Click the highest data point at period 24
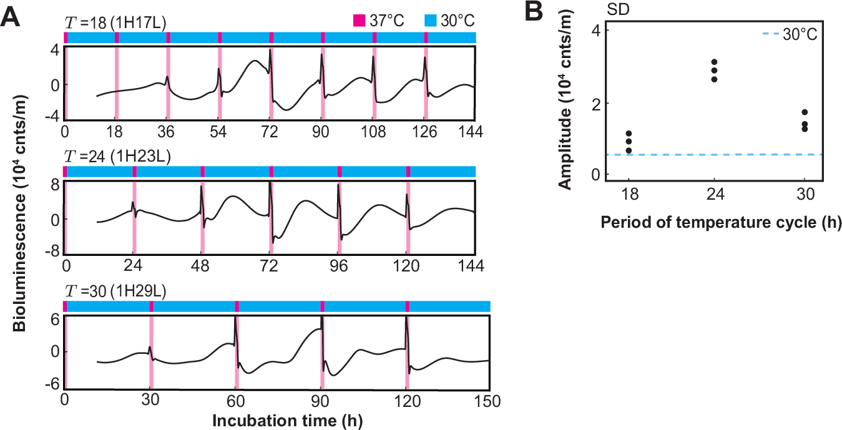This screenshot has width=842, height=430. tap(715, 62)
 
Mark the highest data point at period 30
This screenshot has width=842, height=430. tap(805, 112)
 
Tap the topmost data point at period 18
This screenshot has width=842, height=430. tap(629, 134)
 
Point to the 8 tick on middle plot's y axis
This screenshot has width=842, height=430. tap(56, 185)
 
